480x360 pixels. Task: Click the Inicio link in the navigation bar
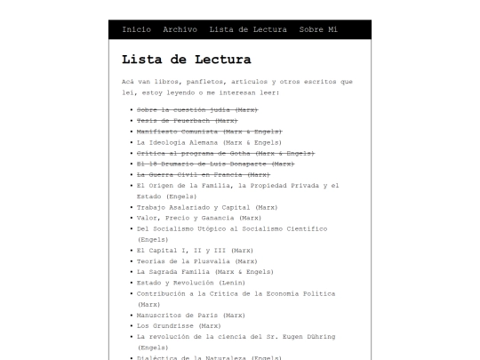pyautogui.click(x=136, y=30)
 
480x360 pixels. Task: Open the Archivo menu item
pyautogui.click(x=180, y=30)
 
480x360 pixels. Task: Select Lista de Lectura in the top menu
pyautogui.click(x=248, y=30)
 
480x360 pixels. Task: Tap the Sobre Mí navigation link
pyautogui.click(x=318, y=30)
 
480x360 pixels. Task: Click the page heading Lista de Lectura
pyautogui.click(x=186, y=60)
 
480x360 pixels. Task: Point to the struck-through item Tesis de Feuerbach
pyautogui.click(x=187, y=120)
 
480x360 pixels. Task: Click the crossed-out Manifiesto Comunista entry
pyautogui.click(x=209, y=132)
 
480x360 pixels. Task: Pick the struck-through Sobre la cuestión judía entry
pyautogui.click(x=196, y=109)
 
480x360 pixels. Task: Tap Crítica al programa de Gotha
pyautogui.click(x=226, y=153)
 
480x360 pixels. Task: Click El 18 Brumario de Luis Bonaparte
pyautogui.click(x=215, y=164)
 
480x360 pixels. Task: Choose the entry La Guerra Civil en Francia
pyautogui.click(x=204, y=175)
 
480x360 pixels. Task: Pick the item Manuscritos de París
pyautogui.click(x=190, y=315)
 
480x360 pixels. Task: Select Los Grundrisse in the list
pyautogui.click(x=179, y=326)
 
